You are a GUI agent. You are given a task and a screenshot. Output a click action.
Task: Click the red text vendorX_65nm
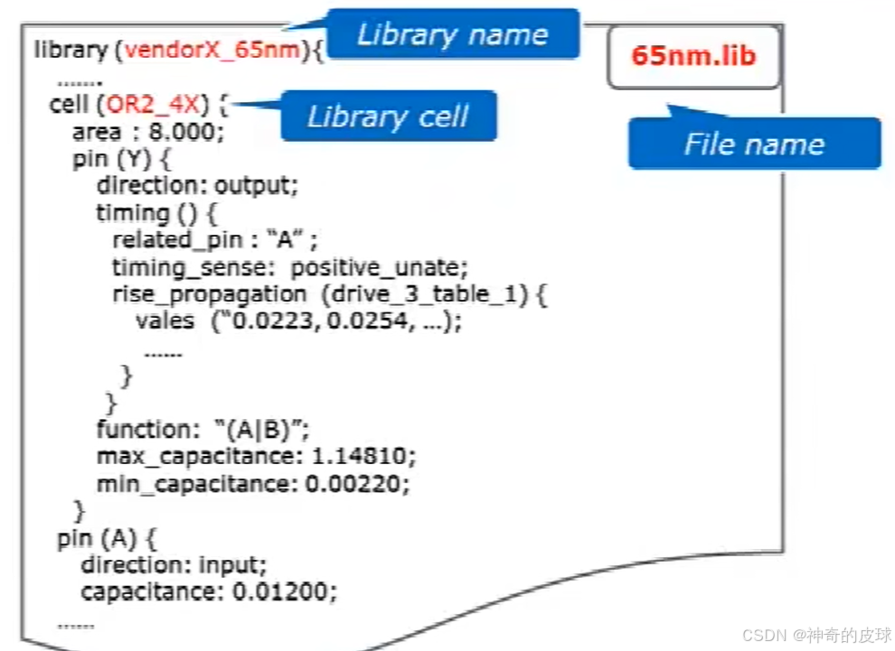click(x=212, y=49)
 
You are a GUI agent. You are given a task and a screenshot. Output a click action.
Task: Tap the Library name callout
click(x=452, y=34)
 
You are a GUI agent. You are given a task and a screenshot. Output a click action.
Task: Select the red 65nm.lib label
click(x=693, y=55)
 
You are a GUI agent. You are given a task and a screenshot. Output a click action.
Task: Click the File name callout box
click(x=754, y=144)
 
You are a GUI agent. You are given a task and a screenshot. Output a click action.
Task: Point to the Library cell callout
click(x=388, y=116)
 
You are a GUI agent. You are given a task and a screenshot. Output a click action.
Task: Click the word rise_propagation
click(x=209, y=294)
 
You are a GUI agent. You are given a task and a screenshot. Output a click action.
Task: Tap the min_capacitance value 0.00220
click(x=356, y=484)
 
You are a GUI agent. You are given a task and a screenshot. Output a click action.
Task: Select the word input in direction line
click(x=234, y=566)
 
